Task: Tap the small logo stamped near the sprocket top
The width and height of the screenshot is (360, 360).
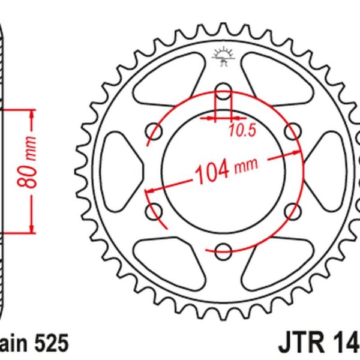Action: tap(223, 56)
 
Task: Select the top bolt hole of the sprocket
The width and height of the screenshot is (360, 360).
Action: tap(223, 94)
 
